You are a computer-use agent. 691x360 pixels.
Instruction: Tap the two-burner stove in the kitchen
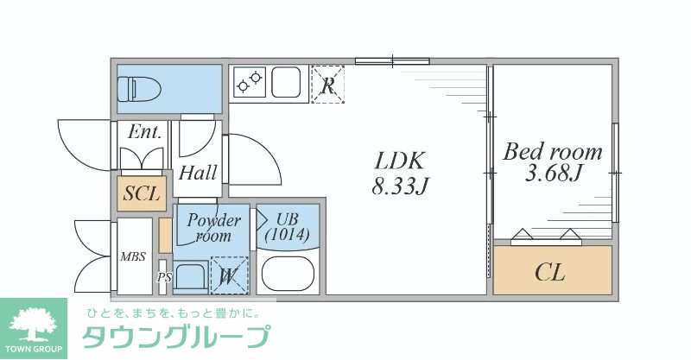click(250, 83)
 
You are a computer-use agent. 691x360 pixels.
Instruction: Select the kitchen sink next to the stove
click(287, 83)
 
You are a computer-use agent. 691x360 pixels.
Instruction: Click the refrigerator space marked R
click(327, 85)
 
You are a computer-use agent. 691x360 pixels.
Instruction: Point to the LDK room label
click(399, 161)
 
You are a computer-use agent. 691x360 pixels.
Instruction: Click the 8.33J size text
click(399, 185)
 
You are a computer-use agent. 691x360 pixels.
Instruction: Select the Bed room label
click(553, 153)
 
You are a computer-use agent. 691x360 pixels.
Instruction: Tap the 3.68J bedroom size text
click(553, 175)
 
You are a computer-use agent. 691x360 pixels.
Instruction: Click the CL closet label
click(550, 274)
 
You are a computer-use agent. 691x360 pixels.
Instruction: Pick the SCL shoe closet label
click(141, 194)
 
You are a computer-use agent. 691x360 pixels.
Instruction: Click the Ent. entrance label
click(144, 133)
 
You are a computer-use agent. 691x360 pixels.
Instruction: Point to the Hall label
click(198, 173)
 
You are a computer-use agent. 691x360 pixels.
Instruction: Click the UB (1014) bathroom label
click(288, 226)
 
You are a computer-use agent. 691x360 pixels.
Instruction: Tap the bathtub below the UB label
click(289, 274)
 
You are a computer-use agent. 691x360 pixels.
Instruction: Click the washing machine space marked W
click(228, 276)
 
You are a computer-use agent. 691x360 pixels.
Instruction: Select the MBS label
click(133, 257)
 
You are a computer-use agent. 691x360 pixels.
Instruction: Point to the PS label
click(163, 278)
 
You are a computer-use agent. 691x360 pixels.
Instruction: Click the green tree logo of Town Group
click(32, 322)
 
